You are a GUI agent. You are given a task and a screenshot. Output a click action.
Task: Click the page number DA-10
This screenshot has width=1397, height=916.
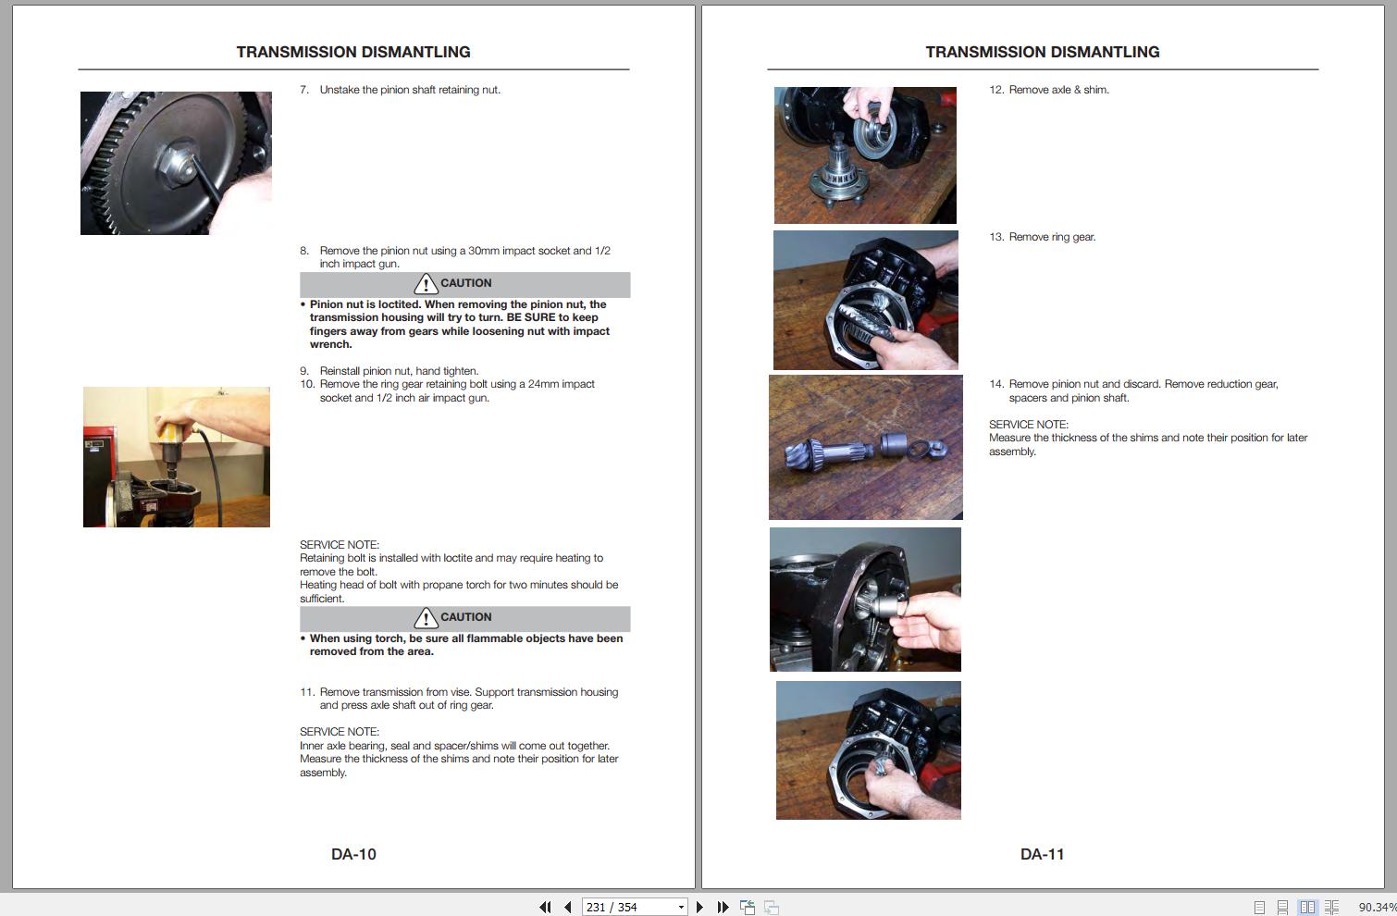[x=353, y=854]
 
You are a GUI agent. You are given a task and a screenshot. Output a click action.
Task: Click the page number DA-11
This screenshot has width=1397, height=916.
[x=1042, y=854]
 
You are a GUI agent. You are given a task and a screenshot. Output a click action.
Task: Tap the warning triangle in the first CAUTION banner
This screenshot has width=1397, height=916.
[x=426, y=284]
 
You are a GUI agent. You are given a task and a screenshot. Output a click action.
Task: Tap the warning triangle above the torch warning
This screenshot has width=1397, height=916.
[x=426, y=618]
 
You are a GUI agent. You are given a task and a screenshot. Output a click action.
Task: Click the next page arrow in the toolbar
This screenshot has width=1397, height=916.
[x=699, y=907]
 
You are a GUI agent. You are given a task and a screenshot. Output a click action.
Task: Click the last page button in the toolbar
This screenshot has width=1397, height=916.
[x=723, y=907]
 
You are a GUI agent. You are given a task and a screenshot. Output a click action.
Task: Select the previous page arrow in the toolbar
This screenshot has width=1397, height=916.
[x=567, y=907]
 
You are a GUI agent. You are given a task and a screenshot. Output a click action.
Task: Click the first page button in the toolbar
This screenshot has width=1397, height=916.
[x=545, y=907]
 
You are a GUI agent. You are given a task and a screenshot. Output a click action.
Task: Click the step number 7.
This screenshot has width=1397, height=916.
[x=304, y=90]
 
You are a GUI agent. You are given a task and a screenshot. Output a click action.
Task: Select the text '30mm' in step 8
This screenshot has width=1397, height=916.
[x=483, y=251]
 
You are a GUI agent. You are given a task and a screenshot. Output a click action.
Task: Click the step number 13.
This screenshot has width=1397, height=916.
[x=996, y=237]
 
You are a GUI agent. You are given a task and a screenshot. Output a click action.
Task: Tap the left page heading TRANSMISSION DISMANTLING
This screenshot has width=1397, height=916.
[x=353, y=52]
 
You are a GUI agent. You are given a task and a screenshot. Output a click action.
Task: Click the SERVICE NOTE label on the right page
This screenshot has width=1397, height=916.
[x=1029, y=424]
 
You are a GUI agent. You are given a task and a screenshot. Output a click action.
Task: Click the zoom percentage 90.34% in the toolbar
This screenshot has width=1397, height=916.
[x=1377, y=908]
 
